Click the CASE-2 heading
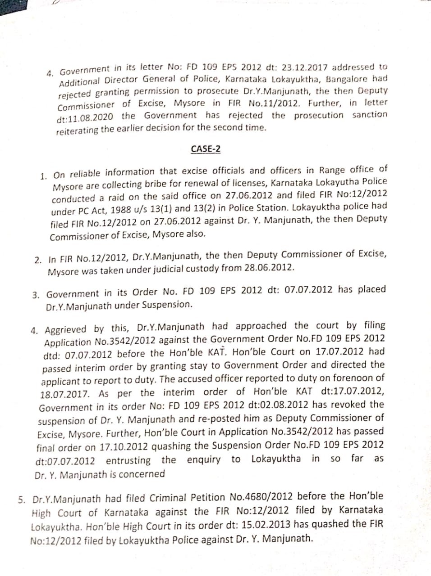click(x=206, y=148)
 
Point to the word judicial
click(x=167, y=269)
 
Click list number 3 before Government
click(x=36, y=295)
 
